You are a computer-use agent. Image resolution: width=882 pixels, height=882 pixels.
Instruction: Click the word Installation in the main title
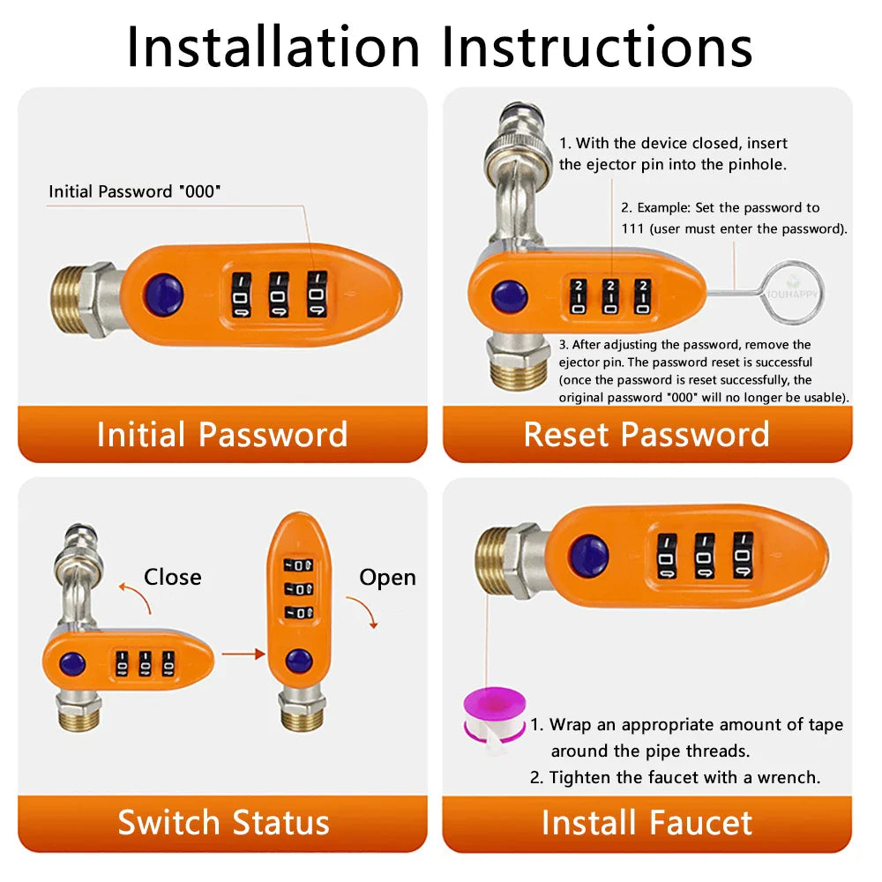point(273,47)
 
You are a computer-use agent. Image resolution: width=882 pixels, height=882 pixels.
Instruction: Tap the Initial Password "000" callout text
point(134,191)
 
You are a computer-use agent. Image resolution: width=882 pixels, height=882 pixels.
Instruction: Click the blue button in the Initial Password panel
point(164,295)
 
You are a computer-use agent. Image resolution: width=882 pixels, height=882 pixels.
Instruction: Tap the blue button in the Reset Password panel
point(510,296)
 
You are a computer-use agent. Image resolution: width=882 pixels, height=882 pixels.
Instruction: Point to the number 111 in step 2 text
point(632,229)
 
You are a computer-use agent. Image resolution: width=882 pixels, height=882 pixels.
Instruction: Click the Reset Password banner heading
point(647,435)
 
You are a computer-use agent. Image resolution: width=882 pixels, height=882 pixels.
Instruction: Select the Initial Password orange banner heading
point(222,435)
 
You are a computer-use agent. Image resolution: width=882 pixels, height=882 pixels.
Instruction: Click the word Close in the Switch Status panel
point(173,577)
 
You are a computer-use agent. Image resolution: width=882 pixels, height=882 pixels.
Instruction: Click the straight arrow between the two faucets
point(243,654)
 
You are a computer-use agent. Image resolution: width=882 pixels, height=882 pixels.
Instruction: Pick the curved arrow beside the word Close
point(136,597)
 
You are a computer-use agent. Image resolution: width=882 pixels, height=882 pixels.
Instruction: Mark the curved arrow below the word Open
point(364,609)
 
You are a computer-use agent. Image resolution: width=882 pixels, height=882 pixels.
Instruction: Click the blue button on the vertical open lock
point(299,661)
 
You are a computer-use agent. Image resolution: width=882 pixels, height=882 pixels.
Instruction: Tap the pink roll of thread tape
point(494,714)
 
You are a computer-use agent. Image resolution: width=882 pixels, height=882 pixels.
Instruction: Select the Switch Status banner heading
point(223,823)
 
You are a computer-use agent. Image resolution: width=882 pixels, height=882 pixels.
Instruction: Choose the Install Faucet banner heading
point(647,823)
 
